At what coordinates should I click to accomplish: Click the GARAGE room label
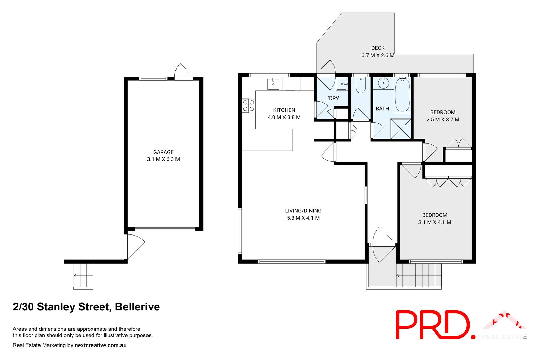(163, 152)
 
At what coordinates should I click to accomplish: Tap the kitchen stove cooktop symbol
(248, 105)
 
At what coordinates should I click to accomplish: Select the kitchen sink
(273, 84)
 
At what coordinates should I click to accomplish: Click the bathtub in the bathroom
(402, 94)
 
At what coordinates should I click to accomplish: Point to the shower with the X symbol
(401, 129)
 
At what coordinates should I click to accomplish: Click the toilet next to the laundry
(361, 86)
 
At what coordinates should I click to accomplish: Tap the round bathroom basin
(383, 83)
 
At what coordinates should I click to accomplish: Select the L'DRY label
(332, 98)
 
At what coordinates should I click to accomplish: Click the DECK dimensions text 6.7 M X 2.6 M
(378, 55)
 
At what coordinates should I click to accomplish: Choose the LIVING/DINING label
(303, 211)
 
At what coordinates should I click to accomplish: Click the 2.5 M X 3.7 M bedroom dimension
(442, 120)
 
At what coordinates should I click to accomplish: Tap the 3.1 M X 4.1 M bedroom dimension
(434, 222)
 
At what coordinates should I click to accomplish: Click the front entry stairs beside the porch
(419, 275)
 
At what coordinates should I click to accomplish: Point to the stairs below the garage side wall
(83, 275)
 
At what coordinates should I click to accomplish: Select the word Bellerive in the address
(137, 307)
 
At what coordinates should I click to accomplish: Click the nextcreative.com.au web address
(100, 345)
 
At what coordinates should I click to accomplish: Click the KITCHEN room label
(284, 110)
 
